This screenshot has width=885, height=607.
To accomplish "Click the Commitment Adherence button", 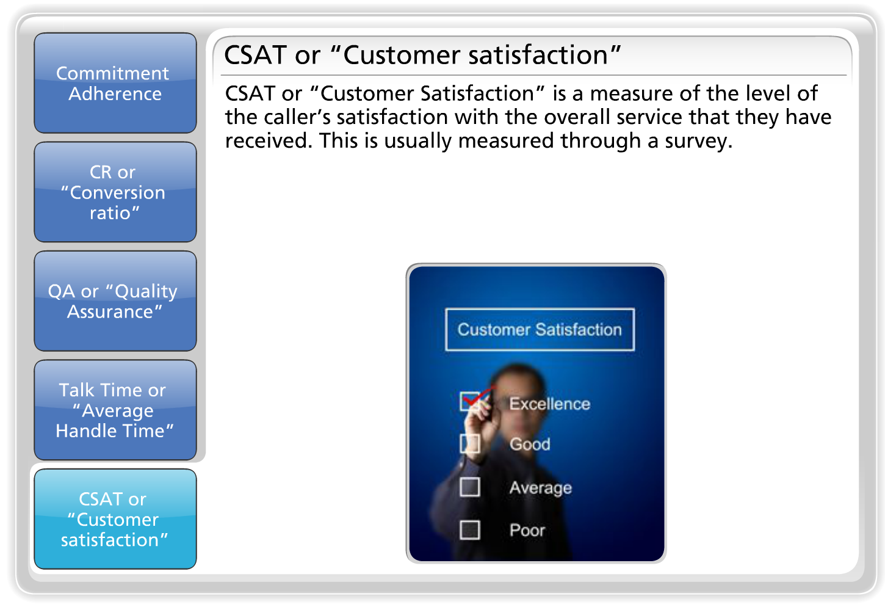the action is (115, 83).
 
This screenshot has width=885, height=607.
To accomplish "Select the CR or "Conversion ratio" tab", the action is (115, 192).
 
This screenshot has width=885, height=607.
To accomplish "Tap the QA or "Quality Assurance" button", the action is (115, 301).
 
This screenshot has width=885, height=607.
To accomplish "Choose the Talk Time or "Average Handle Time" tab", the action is (115, 410).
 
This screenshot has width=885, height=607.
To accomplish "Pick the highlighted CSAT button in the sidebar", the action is (115, 519).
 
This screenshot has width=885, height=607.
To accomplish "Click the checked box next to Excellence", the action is (470, 401).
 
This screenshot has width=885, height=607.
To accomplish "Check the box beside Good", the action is (470, 444).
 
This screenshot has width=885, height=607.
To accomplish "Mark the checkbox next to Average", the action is (470, 487).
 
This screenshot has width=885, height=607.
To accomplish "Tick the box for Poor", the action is (470, 530).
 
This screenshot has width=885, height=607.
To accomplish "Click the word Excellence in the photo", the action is (550, 404).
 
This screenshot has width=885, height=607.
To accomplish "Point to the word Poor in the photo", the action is (527, 530).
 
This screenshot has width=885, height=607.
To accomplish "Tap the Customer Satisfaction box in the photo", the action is (540, 330).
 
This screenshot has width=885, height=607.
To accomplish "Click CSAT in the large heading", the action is (256, 55).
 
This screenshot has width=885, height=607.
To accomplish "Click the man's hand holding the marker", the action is (480, 425).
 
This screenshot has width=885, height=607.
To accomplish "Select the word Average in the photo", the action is (541, 488).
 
